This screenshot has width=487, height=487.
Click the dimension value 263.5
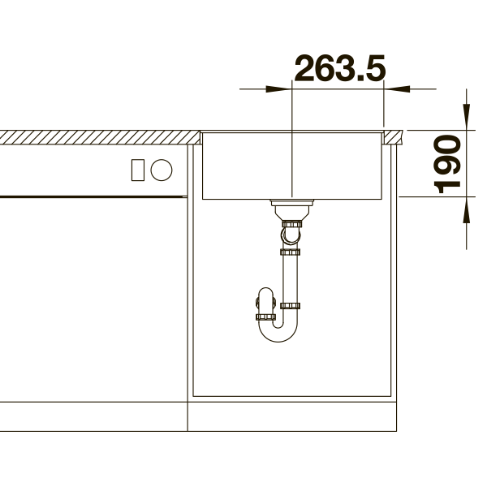point(340,68)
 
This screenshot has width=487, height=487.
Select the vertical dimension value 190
point(447,164)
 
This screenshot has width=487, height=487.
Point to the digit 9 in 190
point(447,164)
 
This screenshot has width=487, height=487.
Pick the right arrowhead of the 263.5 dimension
point(397,89)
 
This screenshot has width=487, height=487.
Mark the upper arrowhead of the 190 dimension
point(466,117)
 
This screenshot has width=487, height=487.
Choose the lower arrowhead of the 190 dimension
point(466,209)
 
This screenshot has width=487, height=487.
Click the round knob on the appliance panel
point(162,170)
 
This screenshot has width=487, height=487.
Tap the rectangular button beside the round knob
point(138,170)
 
